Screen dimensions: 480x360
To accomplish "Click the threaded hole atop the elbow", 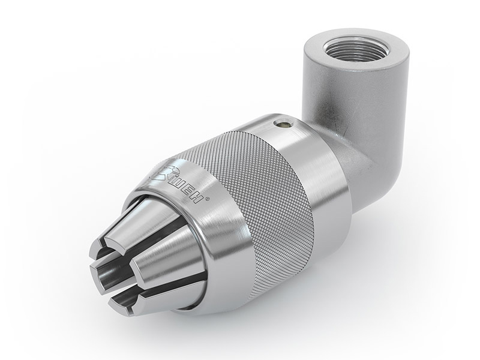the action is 356,49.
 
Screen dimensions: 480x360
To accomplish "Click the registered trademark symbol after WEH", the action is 208,200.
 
